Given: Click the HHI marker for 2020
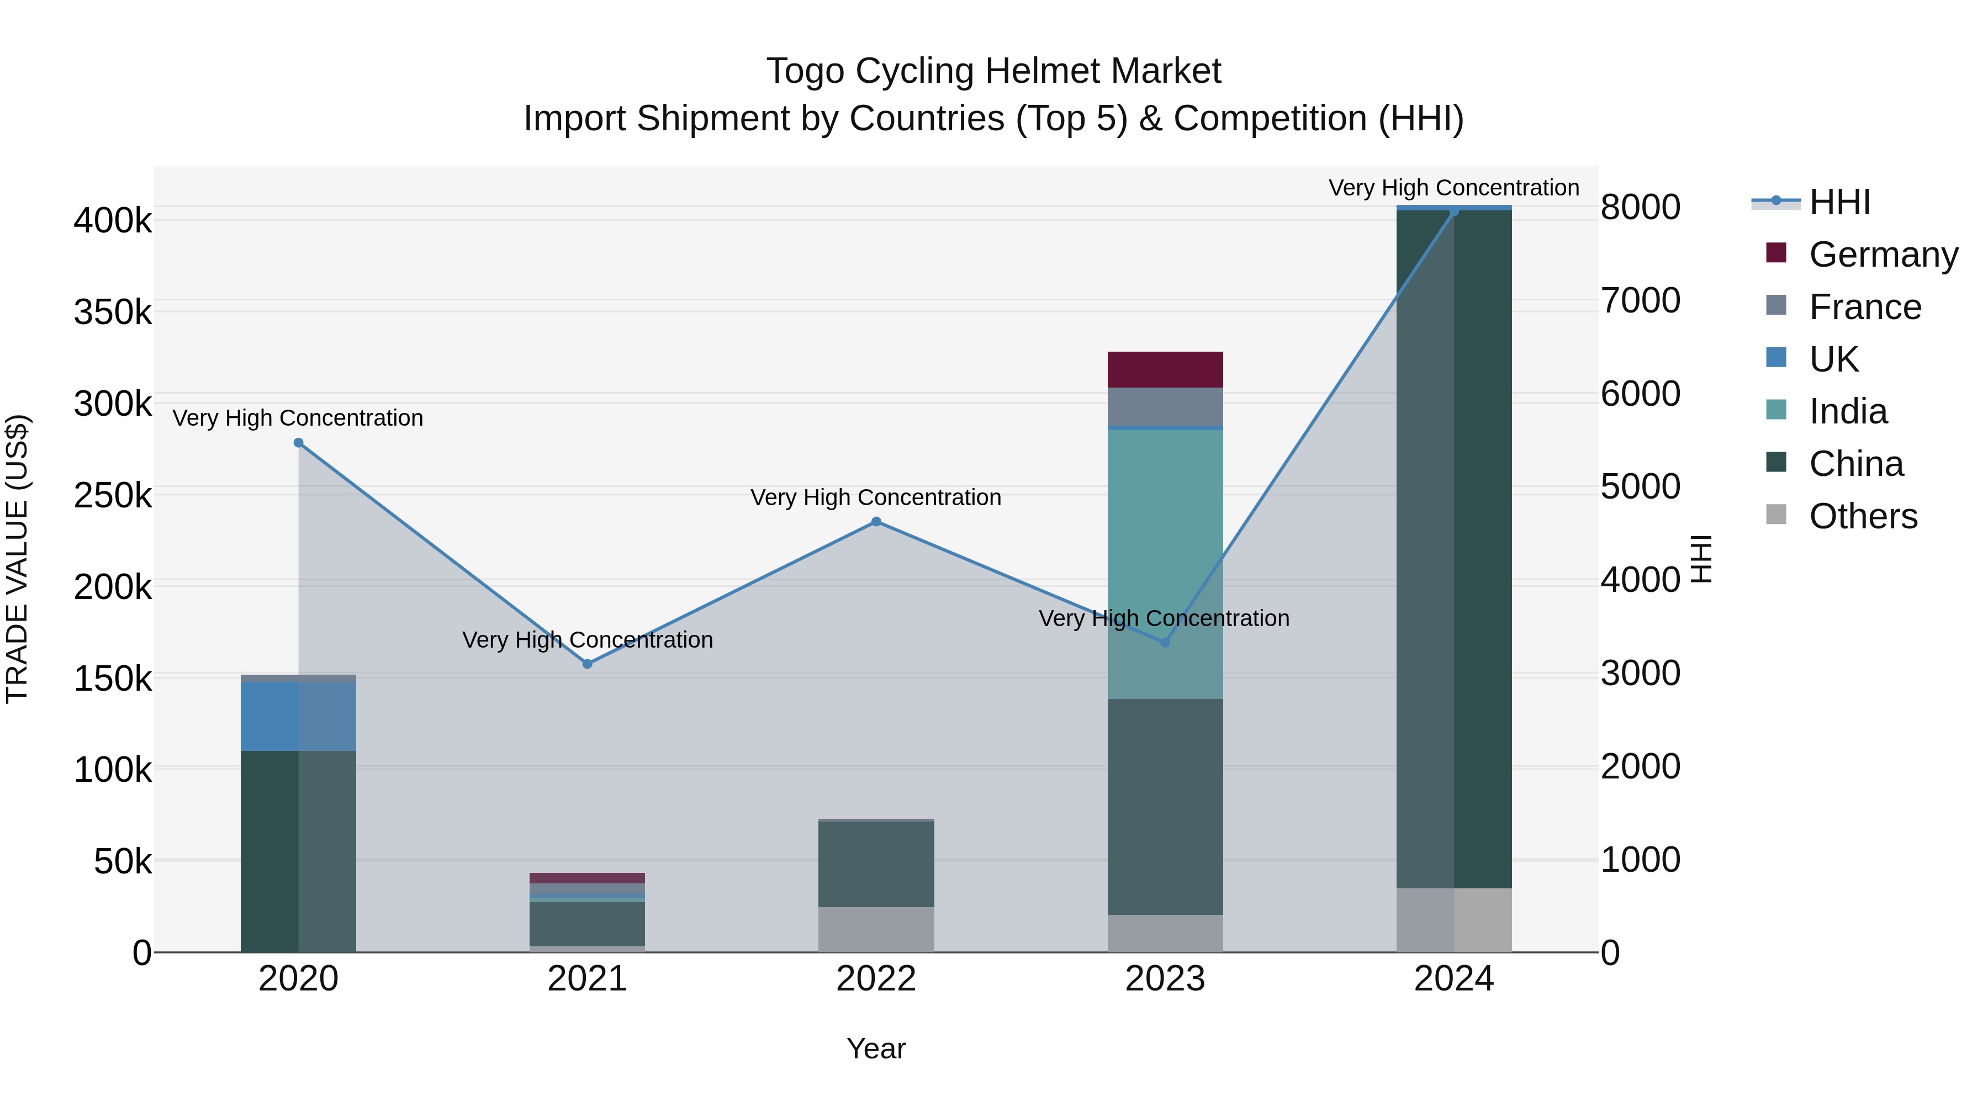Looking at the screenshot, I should (x=299, y=443).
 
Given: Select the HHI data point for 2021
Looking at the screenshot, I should (x=588, y=664).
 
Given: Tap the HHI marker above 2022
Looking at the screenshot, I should (x=876, y=522).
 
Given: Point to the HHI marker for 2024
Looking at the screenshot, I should (x=1454, y=211).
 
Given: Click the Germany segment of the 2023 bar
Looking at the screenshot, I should (x=1165, y=369).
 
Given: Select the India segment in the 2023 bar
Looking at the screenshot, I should (x=1165, y=563).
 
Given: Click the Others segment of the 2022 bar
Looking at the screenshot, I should (x=876, y=929).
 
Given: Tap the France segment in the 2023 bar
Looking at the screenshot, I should (x=1165, y=406).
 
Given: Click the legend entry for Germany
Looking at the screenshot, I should (x=1883, y=255).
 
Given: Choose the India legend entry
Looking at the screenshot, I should (x=1848, y=411).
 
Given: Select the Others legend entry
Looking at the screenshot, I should (x=1862, y=516).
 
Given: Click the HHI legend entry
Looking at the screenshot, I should (x=1839, y=202).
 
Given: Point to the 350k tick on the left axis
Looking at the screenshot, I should (x=113, y=312).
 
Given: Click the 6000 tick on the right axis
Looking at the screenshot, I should (x=1640, y=394).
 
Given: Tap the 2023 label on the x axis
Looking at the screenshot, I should (x=1165, y=979).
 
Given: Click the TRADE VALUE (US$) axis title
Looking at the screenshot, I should (x=17, y=559).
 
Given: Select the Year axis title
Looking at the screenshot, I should (x=876, y=1048).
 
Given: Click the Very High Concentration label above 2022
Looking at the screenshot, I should (x=876, y=497).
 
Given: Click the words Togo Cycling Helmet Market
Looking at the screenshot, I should (x=993, y=71).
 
